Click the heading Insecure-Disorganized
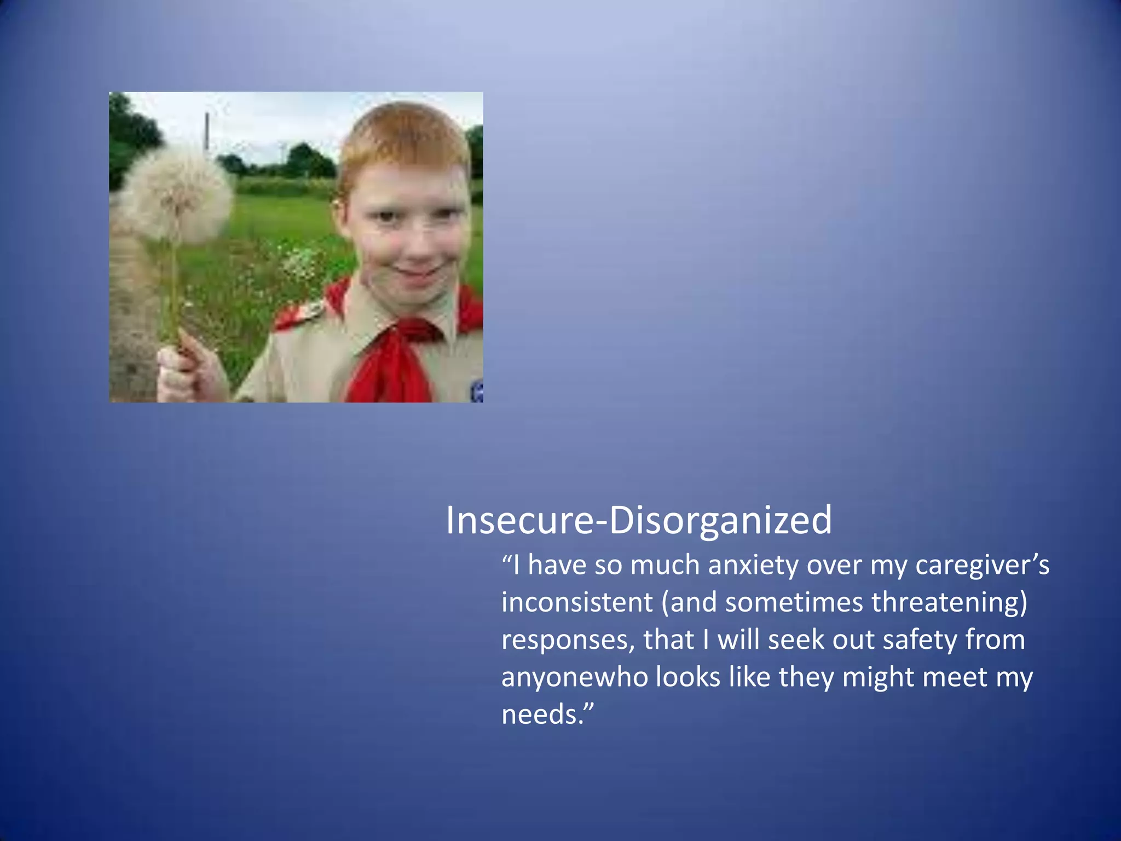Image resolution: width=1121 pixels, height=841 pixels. [x=638, y=520]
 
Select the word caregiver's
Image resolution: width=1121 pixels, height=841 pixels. [x=983, y=565]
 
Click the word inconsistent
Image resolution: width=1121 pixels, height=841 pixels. [x=577, y=602]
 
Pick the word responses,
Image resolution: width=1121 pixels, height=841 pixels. [x=568, y=640]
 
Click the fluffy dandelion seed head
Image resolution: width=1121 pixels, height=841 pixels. [x=177, y=194]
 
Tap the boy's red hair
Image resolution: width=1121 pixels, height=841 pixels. [x=405, y=137]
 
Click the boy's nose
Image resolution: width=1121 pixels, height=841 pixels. [x=412, y=241]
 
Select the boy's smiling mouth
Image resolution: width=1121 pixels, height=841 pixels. [x=419, y=272]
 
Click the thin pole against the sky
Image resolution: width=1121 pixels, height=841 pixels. [x=207, y=131]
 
